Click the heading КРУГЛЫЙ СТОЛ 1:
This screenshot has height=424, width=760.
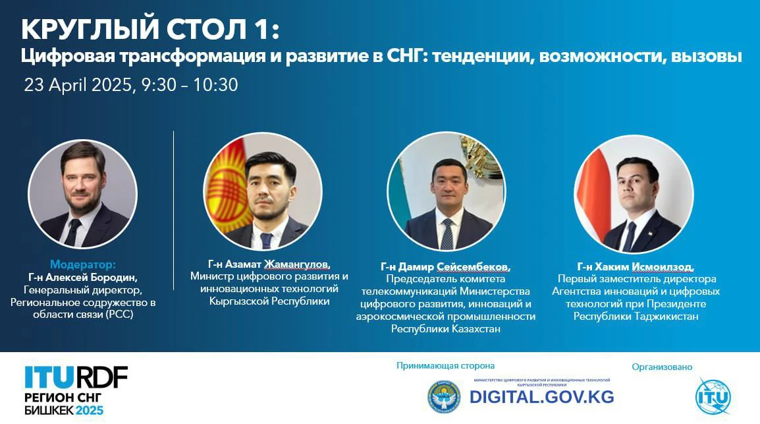[150, 29]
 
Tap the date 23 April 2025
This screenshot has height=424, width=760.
[78, 85]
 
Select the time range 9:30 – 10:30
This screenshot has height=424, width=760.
[190, 85]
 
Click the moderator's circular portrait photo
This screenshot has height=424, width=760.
[82, 194]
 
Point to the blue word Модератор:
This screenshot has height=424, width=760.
[83, 264]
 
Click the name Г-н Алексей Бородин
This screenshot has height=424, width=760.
[83, 278]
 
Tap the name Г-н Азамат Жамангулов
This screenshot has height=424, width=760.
[269, 264]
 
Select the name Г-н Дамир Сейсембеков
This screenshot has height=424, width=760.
[445, 267]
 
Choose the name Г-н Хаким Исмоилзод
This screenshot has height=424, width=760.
[636, 267]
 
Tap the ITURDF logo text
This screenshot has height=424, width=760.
[76, 377]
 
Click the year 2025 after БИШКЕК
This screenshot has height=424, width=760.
[90, 410]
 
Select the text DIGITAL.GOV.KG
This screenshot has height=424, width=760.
[541, 397]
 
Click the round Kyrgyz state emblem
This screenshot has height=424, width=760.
[444, 397]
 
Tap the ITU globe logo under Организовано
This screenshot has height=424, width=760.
[713, 396]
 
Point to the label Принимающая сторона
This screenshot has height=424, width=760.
[445, 366]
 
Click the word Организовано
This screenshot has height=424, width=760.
[662, 367]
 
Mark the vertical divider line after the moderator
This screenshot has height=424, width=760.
[173, 210]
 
